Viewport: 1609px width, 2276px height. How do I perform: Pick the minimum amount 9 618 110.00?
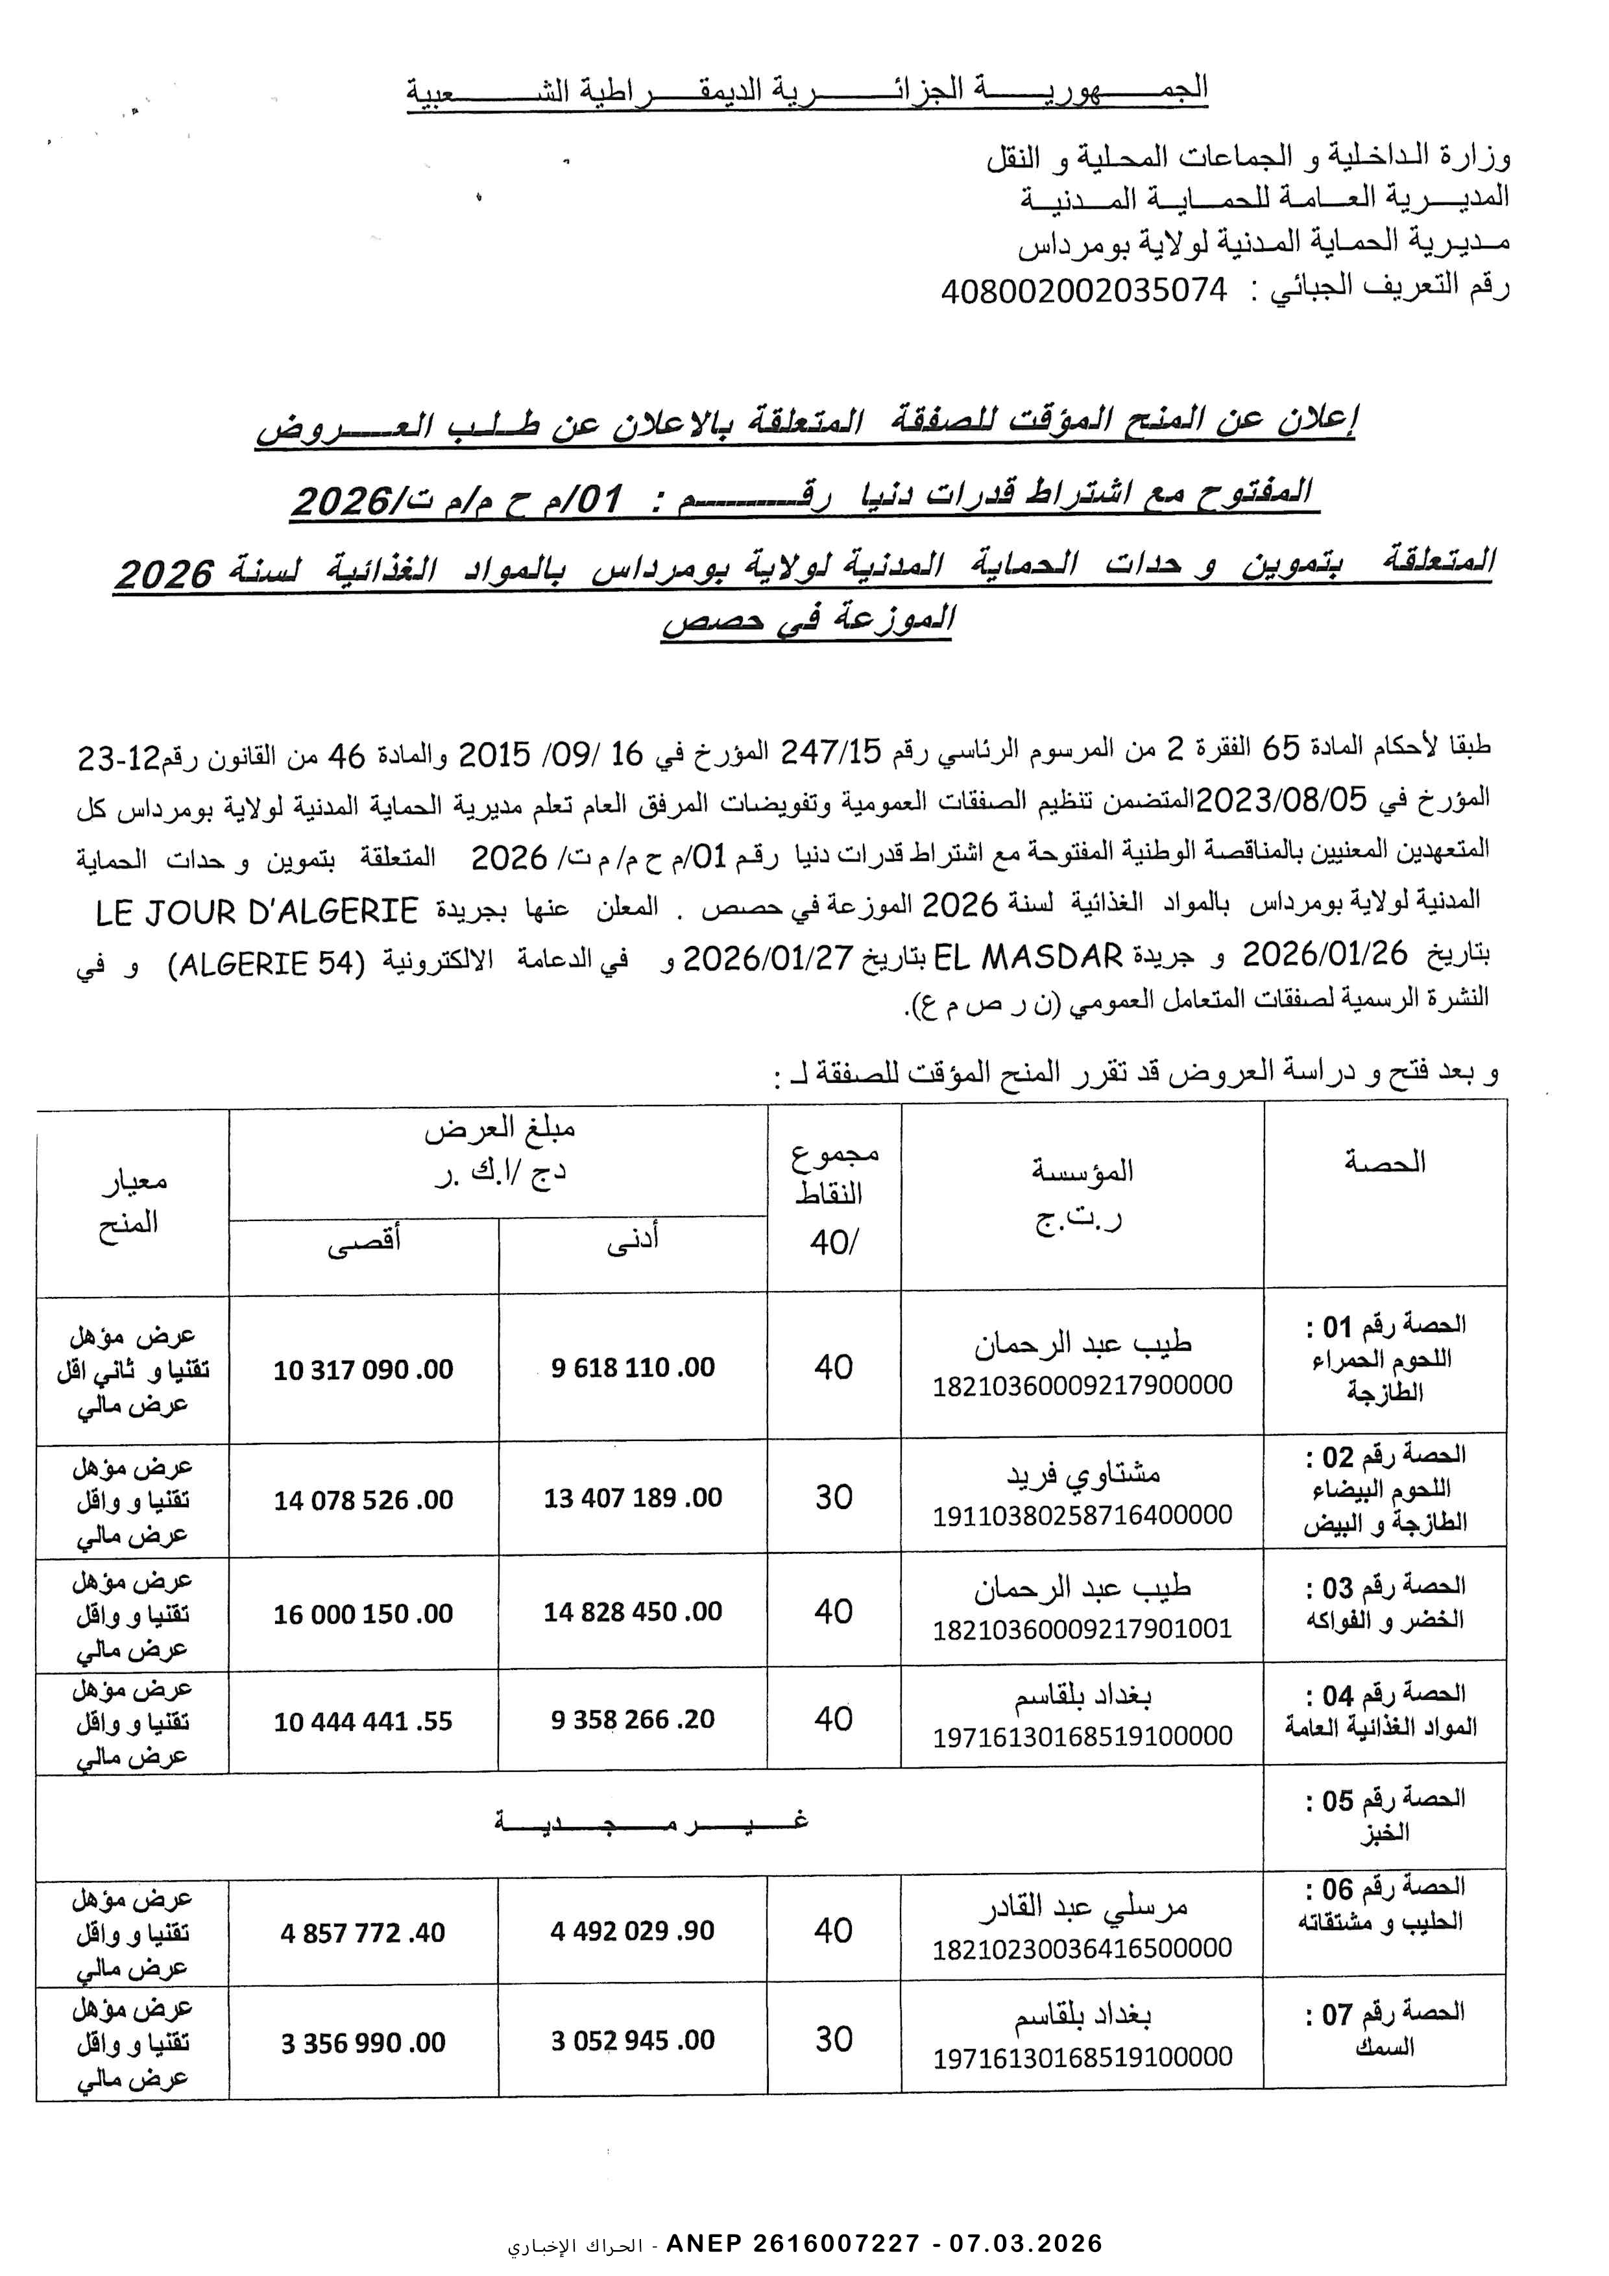click(633, 1368)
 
